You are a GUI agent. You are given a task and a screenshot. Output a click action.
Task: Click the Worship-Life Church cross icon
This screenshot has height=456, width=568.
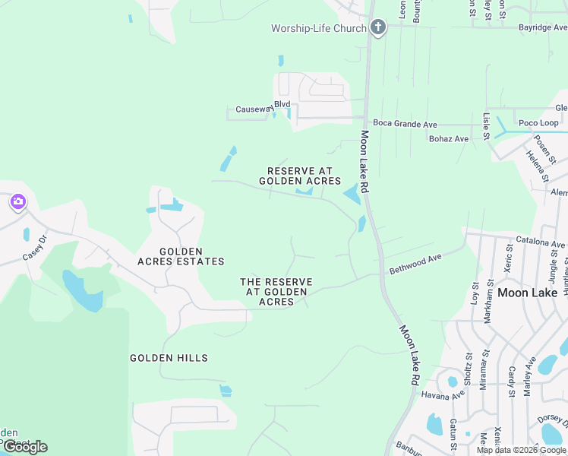pos(378,28)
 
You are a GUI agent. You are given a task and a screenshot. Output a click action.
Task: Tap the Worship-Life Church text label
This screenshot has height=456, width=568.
pos(319,29)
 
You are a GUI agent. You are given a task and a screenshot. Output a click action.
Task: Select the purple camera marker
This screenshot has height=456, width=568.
pos(17,202)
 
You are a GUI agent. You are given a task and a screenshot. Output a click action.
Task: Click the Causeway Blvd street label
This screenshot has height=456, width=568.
pos(263,109)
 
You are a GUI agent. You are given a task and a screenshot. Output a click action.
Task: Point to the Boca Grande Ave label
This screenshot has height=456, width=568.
pos(405,124)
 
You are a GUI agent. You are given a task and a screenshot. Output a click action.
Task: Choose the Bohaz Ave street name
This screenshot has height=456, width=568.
pos(449,139)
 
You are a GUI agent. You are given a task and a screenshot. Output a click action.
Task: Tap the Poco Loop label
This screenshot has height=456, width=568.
pos(538,123)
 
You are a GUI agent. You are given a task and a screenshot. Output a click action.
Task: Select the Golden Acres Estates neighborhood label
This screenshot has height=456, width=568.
pos(181,256)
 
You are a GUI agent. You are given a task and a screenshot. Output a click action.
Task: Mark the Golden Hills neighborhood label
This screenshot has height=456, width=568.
pos(169,358)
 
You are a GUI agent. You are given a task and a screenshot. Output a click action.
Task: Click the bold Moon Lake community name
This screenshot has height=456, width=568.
pos(527,293)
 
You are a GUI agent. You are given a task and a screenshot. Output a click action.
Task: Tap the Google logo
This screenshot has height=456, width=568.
pos(25,447)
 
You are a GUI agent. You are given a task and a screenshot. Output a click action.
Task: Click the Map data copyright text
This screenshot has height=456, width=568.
pos(521,450)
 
